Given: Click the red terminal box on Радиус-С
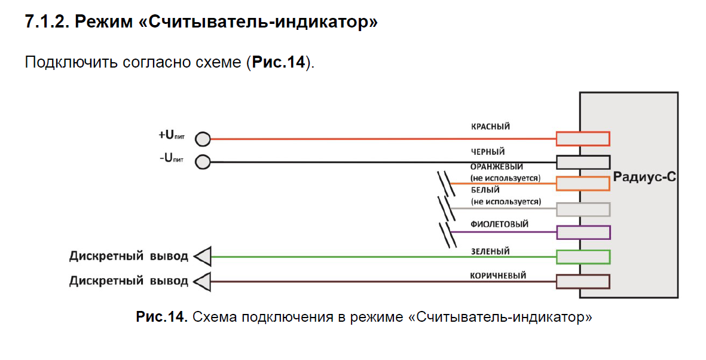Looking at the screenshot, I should pos(583,139).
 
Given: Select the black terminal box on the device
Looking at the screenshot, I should pos(583,162).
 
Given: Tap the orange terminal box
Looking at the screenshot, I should pos(583,183).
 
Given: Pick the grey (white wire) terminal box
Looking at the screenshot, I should pos(583,209).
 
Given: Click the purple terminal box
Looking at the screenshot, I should pos(583,232).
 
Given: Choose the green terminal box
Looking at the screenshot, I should pos(583,257).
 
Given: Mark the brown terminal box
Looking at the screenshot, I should pos(583,281).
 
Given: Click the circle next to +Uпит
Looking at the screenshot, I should pos(203,139).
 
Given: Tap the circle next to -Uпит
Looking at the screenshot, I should pos(203,162).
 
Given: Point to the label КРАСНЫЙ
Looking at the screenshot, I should pos(491,127).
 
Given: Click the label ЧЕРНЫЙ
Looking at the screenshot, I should pos(488,152).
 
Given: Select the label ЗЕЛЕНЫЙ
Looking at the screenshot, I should pos(490,252).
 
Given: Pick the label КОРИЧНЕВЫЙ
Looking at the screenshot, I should pos(498,276).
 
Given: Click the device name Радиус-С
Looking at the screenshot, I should pos(644,178).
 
